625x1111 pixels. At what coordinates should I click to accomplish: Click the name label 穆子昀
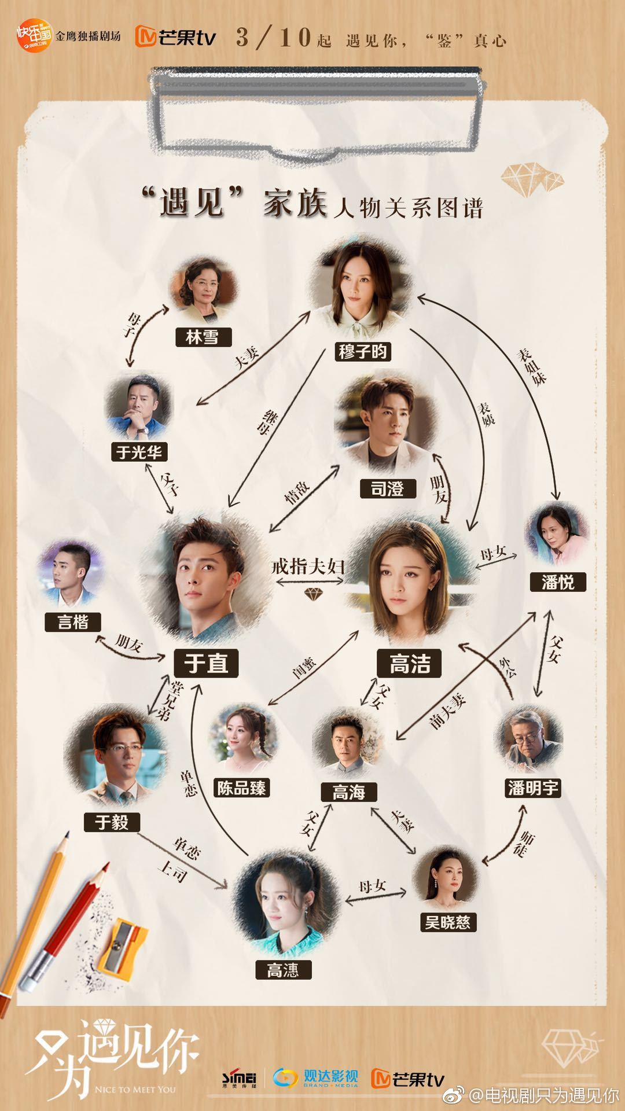[363, 351]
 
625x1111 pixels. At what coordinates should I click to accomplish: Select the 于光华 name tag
[139, 451]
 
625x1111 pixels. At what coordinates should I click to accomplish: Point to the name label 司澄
[387, 488]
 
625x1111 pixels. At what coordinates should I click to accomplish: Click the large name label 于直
[206, 663]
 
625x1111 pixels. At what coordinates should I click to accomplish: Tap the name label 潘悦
[558, 582]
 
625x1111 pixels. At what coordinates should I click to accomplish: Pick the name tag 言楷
[73, 621]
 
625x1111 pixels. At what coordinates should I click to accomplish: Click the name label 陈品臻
[242, 787]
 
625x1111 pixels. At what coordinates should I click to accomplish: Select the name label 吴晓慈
[448, 922]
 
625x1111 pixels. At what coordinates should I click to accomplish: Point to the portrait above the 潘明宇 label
[528, 740]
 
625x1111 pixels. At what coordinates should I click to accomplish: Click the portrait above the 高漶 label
[283, 904]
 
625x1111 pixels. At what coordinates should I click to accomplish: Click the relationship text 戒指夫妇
[308, 566]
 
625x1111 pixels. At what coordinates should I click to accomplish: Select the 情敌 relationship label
[297, 493]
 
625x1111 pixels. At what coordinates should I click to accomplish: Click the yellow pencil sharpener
[122, 943]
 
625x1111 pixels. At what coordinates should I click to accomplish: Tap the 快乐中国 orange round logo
[35, 35]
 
